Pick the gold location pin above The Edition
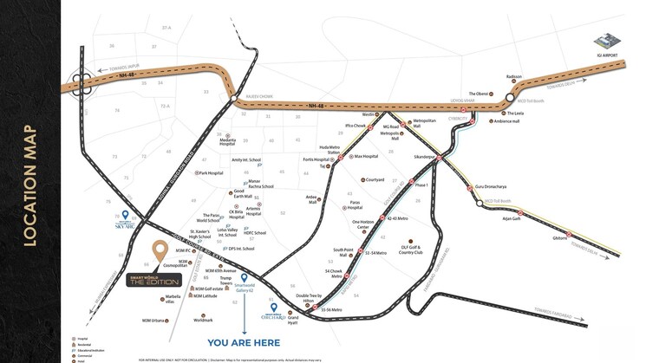coord(160,251)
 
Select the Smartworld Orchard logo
coord(283,318)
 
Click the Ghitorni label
coord(560,237)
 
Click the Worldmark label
coord(204,320)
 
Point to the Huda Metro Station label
coord(330,151)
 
